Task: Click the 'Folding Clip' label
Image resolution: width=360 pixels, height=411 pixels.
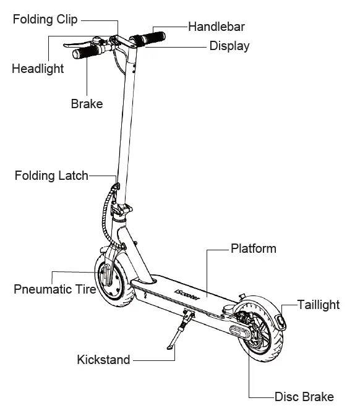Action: [46, 19]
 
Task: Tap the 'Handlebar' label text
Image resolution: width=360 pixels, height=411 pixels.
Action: [216, 27]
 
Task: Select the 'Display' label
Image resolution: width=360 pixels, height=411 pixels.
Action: [229, 46]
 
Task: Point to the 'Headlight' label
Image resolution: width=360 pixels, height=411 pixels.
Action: [38, 69]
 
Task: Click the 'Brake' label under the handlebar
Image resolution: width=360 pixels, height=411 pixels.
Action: [87, 104]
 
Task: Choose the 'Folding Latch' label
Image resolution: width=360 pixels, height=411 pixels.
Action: [51, 176]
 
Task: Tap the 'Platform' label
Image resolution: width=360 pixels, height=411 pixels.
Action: [253, 249]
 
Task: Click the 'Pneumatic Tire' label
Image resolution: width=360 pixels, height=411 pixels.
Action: [54, 289]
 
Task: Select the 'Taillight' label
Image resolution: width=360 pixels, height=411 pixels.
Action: [318, 305]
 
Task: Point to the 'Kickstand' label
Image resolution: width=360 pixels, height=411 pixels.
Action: [103, 359]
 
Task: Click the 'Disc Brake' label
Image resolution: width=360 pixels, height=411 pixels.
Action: [304, 397]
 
